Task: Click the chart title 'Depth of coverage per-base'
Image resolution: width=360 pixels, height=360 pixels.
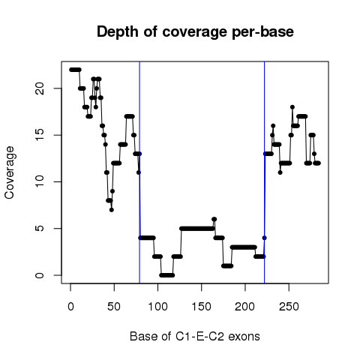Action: point(195,31)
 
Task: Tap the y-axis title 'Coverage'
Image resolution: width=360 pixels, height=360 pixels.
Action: point(10,172)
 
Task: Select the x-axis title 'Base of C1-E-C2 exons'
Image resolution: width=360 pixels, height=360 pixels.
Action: point(195,336)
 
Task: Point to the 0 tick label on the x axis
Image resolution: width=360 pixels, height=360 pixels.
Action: point(70,307)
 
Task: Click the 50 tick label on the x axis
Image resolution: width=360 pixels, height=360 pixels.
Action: point(114,307)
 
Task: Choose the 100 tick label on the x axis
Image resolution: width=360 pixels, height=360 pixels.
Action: point(157,307)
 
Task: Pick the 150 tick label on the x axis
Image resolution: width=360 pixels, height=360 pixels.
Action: point(202,307)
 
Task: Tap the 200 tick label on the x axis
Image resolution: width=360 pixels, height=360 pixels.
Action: point(245,307)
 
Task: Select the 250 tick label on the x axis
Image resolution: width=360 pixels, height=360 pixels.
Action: point(289,307)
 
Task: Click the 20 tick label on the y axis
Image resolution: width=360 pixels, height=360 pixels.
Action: point(40,88)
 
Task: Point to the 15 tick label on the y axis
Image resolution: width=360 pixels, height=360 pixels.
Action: point(40,135)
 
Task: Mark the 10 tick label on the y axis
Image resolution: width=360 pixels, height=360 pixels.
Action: point(40,181)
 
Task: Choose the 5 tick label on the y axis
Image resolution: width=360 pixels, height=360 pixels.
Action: point(40,229)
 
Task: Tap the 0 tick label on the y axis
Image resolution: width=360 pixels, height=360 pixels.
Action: point(40,275)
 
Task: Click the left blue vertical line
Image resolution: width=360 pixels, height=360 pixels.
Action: point(139,172)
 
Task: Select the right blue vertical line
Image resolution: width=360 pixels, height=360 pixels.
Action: point(264,172)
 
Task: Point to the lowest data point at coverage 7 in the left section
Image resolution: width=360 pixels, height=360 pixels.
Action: point(112,210)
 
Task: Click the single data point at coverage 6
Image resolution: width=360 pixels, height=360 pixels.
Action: point(214,219)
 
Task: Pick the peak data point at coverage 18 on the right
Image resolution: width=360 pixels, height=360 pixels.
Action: point(292,107)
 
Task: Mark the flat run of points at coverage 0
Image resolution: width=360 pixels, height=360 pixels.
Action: point(166,275)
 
